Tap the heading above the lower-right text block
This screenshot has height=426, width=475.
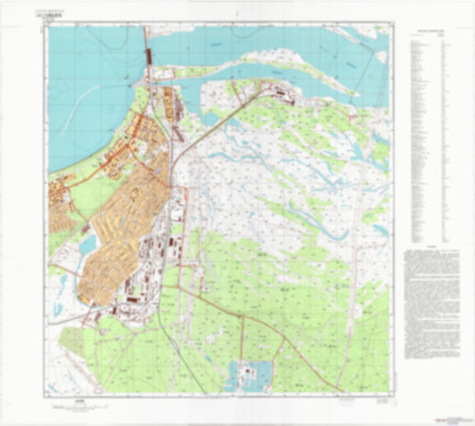[x=430, y=250]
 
